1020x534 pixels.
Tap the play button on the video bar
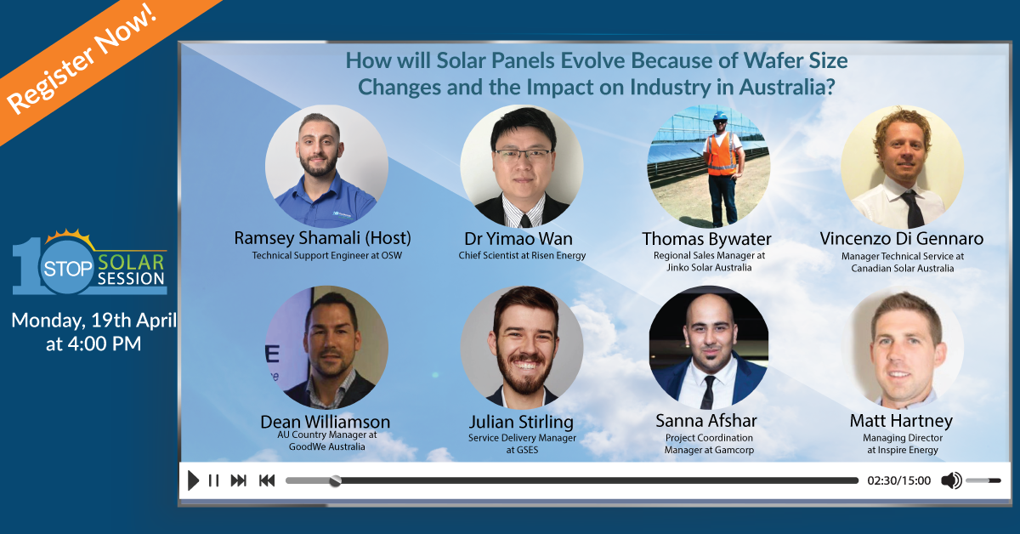[x=193, y=480]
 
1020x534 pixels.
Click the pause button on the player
[x=213, y=480]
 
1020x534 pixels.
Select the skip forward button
[x=239, y=480]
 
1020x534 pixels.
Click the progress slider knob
[x=335, y=480]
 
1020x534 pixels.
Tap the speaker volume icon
[x=952, y=480]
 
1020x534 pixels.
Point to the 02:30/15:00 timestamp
[x=899, y=480]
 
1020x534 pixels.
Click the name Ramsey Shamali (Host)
[x=322, y=238]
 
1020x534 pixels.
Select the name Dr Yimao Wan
[x=518, y=239]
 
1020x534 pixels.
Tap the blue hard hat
[x=720, y=116]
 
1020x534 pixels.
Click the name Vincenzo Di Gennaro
[x=902, y=239]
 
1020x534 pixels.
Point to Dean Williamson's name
[x=325, y=422]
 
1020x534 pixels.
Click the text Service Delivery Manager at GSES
[x=522, y=444]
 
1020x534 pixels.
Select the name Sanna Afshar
[x=706, y=421]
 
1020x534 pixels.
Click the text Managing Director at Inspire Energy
[x=903, y=444]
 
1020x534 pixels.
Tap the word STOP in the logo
[x=68, y=269]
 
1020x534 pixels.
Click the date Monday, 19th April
[x=93, y=321]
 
